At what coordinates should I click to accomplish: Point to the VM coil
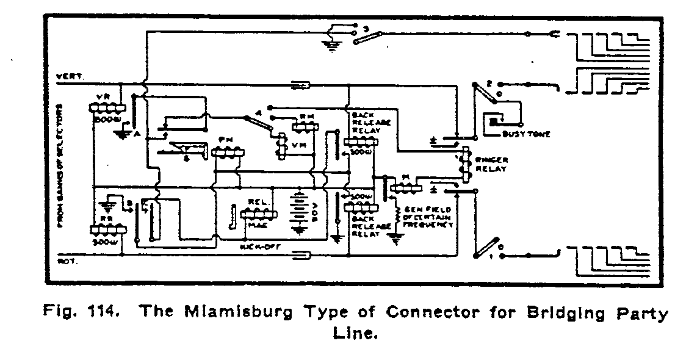281,145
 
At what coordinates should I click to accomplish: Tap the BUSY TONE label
524,134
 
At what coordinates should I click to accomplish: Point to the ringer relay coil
466,163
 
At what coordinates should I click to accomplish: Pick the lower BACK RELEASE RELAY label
367,225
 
